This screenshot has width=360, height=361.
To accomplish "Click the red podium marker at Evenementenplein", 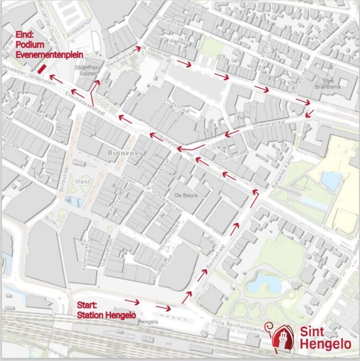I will [x=41, y=69].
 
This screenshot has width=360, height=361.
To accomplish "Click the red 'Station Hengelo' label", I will [x=103, y=315].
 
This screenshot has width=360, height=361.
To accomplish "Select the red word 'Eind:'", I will [x=24, y=35].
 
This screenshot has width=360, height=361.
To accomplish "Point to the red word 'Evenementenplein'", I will [x=49, y=54].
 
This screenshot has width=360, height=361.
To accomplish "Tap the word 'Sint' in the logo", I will [x=313, y=332].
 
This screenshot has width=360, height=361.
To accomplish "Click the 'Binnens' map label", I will [x=122, y=152].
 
